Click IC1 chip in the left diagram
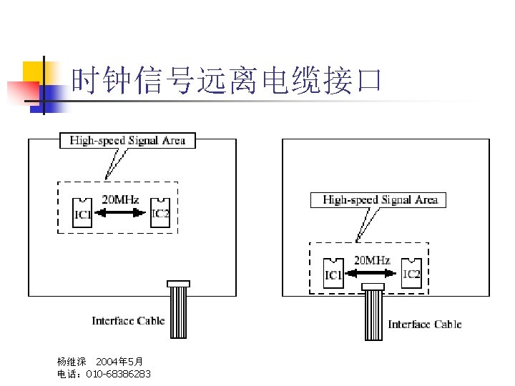(x=82, y=213)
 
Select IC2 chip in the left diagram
(x=160, y=212)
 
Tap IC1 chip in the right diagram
(x=333, y=274)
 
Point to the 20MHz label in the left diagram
(x=121, y=199)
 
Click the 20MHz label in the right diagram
(x=372, y=260)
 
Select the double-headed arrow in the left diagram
(x=121, y=212)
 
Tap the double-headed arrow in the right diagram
(x=372, y=272)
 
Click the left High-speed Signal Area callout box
(x=127, y=141)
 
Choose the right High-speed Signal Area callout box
(x=379, y=199)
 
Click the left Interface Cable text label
(x=128, y=321)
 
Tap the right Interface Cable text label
(x=425, y=325)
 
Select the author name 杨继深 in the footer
(x=72, y=362)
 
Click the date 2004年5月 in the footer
(x=119, y=362)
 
